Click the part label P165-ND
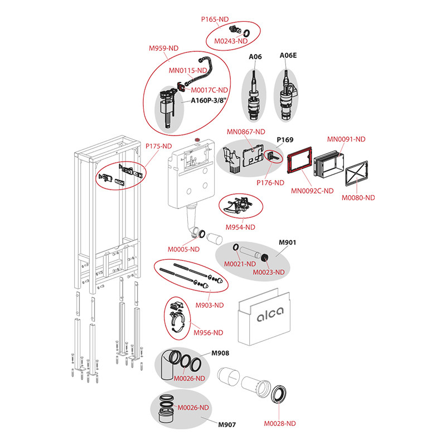[215, 19]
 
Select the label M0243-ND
[235, 41]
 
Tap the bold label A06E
[288, 56]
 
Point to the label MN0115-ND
[188, 70]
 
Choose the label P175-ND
[159, 147]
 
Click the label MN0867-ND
[240, 132]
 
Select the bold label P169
[285, 140]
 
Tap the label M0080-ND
[358, 197]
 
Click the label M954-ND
[240, 227]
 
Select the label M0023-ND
[269, 272]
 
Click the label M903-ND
[209, 305]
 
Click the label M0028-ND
[280, 424]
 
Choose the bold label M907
[226, 425]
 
